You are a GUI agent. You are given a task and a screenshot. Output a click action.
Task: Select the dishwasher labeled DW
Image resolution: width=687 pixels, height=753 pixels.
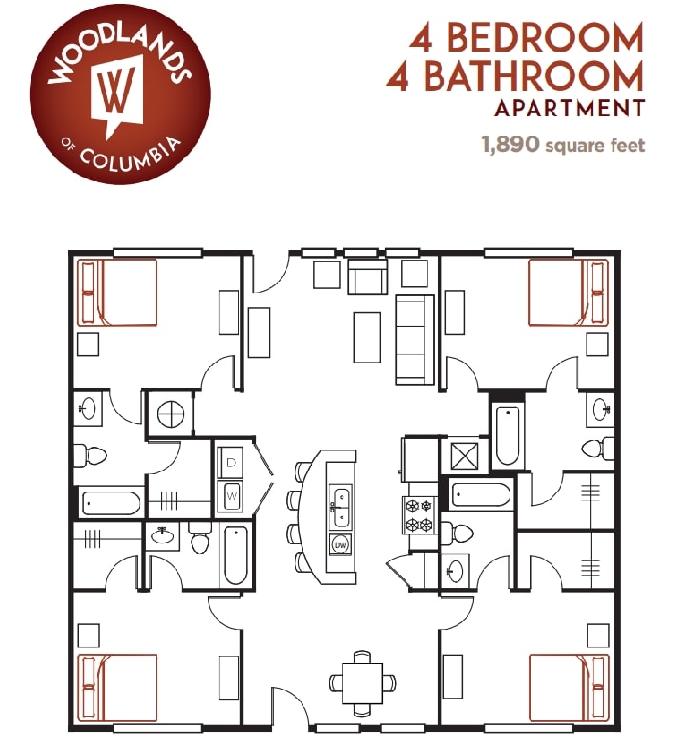[340, 545]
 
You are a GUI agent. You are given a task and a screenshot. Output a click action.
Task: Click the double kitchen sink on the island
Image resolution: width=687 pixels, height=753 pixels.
[340, 505]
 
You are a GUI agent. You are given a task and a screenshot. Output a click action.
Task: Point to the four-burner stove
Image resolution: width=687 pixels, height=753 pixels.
[420, 515]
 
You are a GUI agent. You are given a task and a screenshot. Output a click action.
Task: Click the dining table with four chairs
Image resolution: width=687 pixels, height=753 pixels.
[362, 682]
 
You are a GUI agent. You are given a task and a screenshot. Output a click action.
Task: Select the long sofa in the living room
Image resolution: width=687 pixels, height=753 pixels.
[415, 338]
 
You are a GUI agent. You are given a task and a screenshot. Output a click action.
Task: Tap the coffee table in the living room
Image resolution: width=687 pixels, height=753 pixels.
[366, 336]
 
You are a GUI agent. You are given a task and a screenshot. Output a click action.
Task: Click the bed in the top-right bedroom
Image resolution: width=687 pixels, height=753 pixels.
[569, 293]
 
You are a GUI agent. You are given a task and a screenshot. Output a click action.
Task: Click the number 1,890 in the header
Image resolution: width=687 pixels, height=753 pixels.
[511, 145]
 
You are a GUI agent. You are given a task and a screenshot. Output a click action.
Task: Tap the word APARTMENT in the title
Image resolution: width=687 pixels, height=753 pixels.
[569, 108]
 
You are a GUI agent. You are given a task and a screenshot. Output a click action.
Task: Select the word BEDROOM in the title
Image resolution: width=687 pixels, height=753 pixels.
[545, 38]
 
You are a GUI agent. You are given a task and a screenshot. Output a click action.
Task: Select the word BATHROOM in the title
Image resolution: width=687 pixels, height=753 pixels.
[533, 75]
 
